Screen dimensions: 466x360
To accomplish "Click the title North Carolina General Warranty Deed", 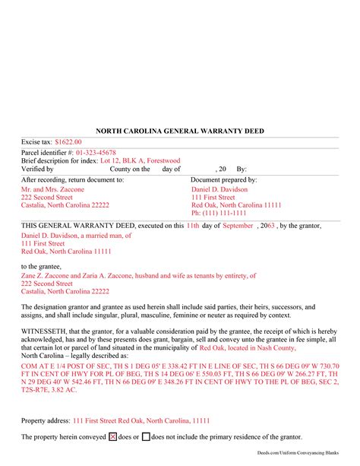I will [x=180, y=131].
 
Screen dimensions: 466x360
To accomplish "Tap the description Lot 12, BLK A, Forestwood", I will [x=138, y=160].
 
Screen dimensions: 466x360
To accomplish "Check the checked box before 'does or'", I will [x=113, y=437].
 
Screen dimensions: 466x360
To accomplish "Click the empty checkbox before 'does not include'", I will [x=146, y=437].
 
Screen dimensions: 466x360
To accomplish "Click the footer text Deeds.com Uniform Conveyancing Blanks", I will [x=309, y=459].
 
